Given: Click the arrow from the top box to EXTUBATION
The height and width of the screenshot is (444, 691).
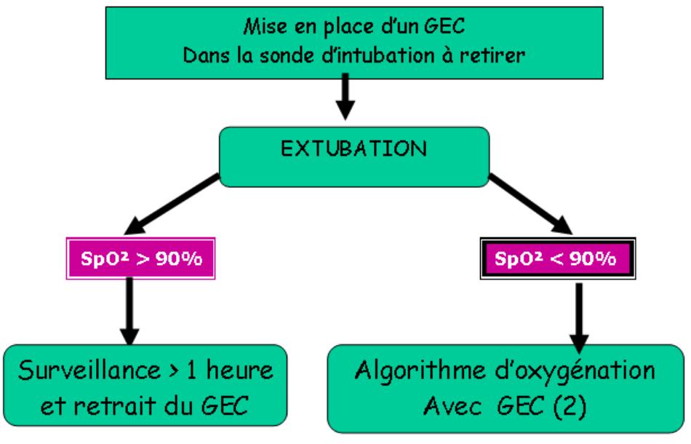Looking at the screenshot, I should (346, 98).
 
